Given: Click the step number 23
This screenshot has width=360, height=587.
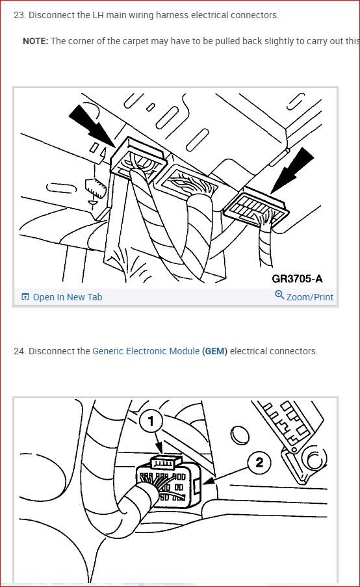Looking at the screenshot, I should (18, 15).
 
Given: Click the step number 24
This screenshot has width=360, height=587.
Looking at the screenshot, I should (18, 351).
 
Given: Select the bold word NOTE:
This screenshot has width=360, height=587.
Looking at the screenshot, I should (35, 40).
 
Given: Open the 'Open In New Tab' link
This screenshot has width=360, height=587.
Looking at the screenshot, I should (67, 297).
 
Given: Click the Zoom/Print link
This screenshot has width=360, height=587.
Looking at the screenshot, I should (309, 297).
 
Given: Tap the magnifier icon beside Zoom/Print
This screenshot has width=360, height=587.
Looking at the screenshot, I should (279, 296).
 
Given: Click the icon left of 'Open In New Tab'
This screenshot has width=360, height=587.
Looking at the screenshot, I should (25, 297).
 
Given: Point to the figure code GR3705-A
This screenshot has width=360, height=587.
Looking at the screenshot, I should (297, 279).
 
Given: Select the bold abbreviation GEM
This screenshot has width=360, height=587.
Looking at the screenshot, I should (214, 351).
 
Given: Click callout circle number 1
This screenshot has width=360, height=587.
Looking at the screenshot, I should (151, 422).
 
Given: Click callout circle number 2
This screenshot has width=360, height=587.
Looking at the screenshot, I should (259, 462).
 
